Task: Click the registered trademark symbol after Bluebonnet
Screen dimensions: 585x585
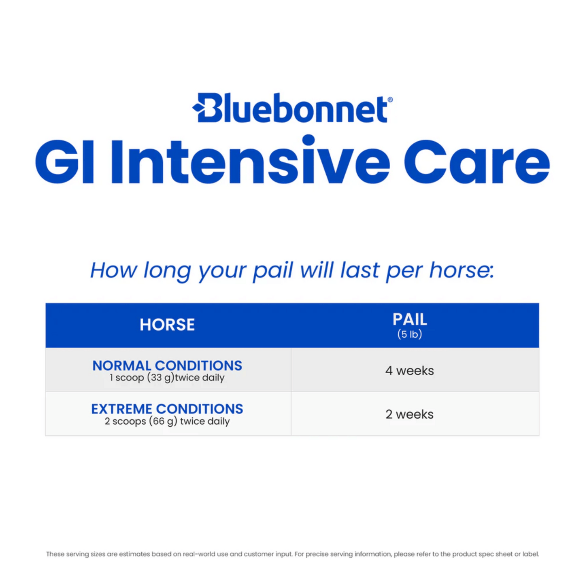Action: [390, 100]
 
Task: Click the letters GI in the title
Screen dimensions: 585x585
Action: [65, 162]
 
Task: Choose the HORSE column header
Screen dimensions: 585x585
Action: [167, 325]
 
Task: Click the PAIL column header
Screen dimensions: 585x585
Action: [409, 319]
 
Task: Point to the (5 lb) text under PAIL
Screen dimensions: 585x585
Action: [409, 334]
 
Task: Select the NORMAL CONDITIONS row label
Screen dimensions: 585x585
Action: [167, 366]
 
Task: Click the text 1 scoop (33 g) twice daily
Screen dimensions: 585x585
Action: [167, 378]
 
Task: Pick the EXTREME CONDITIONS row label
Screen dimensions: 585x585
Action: [167, 409]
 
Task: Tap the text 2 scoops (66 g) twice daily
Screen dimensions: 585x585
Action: [167, 421]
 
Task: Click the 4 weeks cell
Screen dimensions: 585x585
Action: [409, 370]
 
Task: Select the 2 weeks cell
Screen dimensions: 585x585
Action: [409, 414]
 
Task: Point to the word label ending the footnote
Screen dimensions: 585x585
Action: [530, 554]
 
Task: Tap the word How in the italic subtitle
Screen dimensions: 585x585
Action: [114, 270]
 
